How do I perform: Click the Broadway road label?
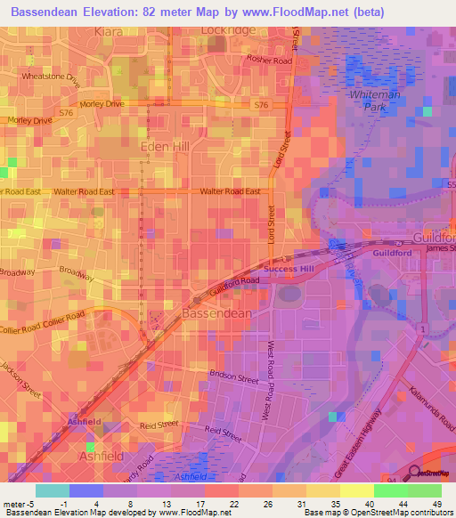(x=76, y=272)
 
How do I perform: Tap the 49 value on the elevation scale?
(x=437, y=503)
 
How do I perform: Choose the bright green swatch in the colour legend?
(x=391, y=490)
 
